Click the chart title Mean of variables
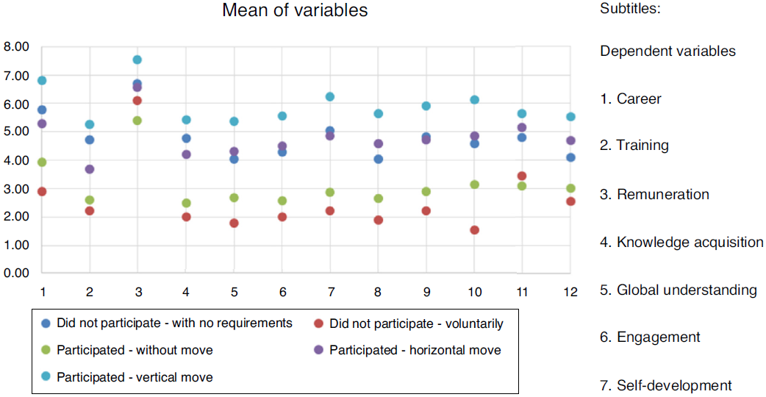point(295,11)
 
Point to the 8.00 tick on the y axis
point(16,47)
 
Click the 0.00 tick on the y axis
point(16,273)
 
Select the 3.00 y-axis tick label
point(16,189)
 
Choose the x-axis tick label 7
point(330,293)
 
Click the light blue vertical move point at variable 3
point(137,60)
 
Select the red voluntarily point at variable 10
point(474,230)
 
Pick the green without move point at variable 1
point(43,162)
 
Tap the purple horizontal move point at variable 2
point(90,169)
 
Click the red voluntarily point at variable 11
point(522,176)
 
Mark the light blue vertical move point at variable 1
point(43,80)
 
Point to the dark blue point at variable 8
point(379,159)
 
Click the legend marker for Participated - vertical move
point(46,377)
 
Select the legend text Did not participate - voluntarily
point(416,323)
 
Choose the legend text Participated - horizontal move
point(415,350)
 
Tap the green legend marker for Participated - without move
point(46,350)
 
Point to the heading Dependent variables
point(667,51)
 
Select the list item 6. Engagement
point(650,337)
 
